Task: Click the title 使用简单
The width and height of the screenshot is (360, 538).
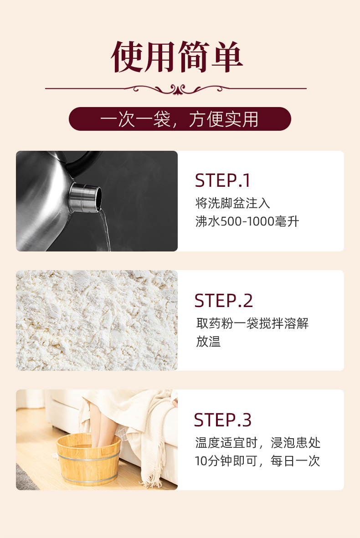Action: pos(177,56)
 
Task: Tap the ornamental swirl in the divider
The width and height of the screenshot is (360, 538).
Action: pos(177,89)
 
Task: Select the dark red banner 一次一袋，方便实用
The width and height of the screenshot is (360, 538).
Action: pos(180,119)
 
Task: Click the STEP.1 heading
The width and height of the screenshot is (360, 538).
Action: pos(222,180)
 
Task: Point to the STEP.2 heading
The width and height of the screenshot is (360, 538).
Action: pos(223,301)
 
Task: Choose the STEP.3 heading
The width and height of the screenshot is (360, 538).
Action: pos(223,420)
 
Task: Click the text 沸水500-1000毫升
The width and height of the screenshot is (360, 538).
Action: pos(247,221)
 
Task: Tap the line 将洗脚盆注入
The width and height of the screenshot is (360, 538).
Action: pos(233,203)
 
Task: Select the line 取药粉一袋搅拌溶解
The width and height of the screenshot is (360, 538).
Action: pos(252,323)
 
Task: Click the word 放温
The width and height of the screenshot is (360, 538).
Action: pos(208,341)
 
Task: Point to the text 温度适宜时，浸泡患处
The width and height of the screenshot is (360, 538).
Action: pos(258,443)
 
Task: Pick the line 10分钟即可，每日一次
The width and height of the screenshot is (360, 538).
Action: pos(257,461)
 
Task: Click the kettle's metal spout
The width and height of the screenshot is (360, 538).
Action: pos(85,197)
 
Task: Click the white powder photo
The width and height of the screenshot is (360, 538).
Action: pos(97,320)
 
